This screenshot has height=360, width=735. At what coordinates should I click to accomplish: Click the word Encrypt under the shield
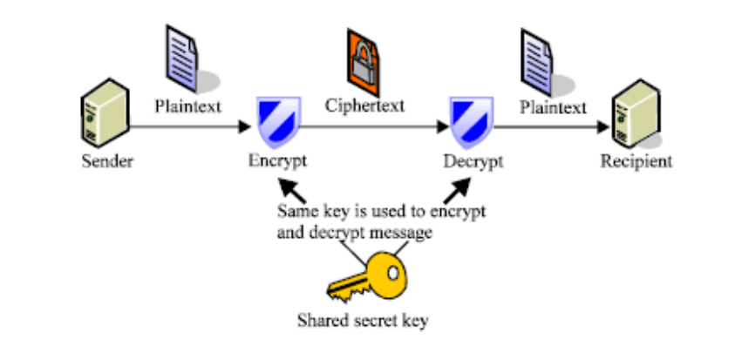(x=277, y=161)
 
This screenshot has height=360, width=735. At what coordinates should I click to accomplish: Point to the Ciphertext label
(x=364, y=106)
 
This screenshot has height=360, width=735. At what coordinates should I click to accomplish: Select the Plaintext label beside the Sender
(x=188, y=106)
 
